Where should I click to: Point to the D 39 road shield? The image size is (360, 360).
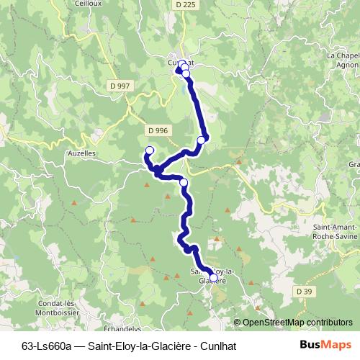click(304, 291)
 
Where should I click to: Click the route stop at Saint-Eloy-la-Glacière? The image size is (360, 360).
click(212, 277)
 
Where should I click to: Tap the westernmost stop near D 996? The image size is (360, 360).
click(150, 150)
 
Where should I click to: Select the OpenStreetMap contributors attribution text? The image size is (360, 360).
click(297, 322)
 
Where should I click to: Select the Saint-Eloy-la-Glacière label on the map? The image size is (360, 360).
click(204, 276)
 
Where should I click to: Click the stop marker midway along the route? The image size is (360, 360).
click(184, 183)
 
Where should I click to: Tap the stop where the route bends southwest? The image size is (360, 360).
click(201, 140)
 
